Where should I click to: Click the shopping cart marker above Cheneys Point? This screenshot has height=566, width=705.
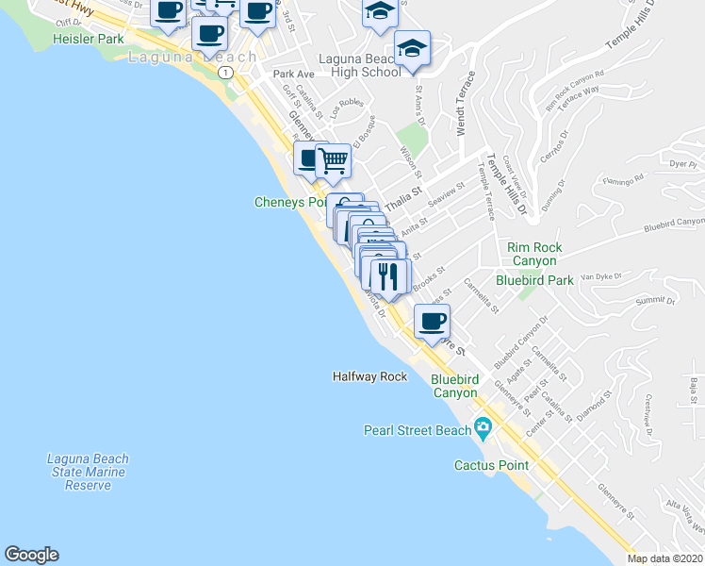click(x=333, y=161)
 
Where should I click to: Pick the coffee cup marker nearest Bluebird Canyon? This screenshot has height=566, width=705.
click(x=432, y=322)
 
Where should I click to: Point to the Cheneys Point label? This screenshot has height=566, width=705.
click(x=290, y=202)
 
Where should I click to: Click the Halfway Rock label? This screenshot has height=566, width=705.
click(x=369, y=376)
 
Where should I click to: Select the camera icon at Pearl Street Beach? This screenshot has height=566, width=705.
click(x=483, y=430)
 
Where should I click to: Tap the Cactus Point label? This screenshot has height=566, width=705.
click(x=491, y=465)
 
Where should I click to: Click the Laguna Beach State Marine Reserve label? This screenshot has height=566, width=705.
click(x=88, y=472)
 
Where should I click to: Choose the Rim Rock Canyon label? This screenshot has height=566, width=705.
click(x=534, y=254)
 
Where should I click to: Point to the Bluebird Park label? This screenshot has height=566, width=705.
click(x=534, y=280)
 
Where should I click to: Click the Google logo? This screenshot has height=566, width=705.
click(x=31, y=555)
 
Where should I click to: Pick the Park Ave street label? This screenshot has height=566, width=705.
click(x=293, y=74)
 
